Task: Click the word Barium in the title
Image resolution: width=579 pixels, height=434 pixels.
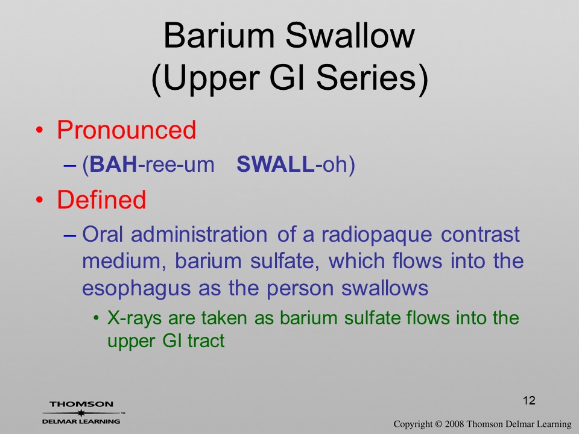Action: [x=218, y=36]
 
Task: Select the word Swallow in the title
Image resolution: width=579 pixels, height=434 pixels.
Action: [x=350, y=36]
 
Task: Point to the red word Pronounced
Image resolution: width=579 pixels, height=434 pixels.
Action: [x=126, y=130]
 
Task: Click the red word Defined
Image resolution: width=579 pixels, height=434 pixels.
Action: [x=101, y=200]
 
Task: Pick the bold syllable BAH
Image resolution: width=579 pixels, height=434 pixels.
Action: [x=113, y=164]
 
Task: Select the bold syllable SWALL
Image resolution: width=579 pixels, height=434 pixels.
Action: [x=276, y=164]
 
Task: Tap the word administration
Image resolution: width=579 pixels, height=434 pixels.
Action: [x=199, y=234]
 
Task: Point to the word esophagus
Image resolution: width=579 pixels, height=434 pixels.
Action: [x=136, y=289]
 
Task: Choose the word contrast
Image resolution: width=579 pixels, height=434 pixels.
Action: [x=481, y=234]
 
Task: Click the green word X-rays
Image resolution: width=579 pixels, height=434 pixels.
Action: [x=134, y=318]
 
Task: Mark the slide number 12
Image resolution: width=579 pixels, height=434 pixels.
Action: [x=529, y=400]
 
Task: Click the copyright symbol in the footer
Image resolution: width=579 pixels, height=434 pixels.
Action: [x=438, y=424]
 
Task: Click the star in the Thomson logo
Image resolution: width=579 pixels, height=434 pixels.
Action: [x=81, y=413]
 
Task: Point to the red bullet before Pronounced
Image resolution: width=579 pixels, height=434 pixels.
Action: [x=39, y=131]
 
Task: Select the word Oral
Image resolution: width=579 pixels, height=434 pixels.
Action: [x=103, y=234]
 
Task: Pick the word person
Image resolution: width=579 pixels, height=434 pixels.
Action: [x=300, y=289]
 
